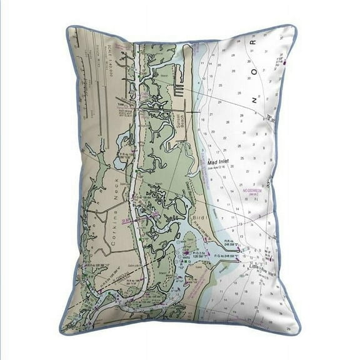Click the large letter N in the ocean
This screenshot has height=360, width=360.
(x=254, y=99)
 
